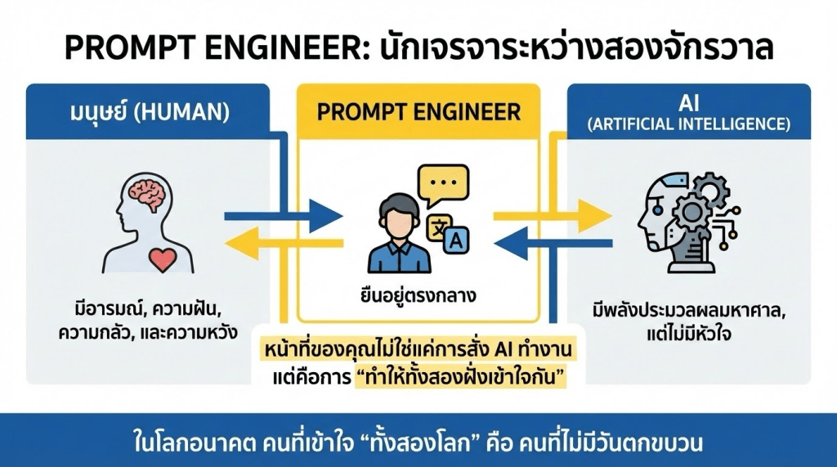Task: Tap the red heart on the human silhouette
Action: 163,258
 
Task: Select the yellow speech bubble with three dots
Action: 443,183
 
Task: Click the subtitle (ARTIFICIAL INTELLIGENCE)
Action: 691,125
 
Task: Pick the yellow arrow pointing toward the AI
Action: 553,217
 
